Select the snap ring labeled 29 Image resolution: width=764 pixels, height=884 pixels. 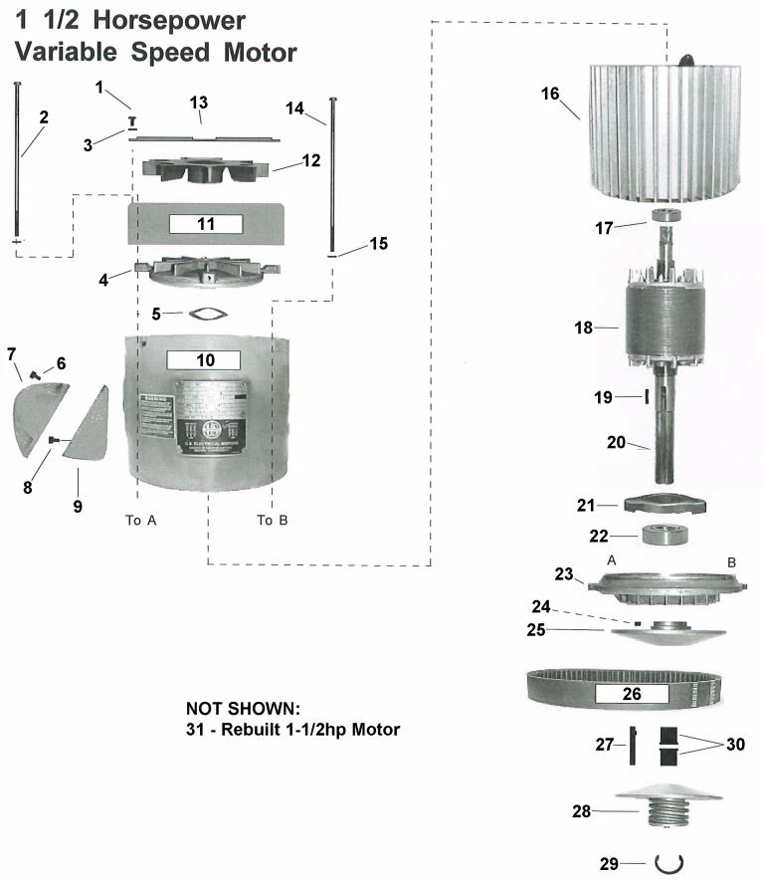point(666,862)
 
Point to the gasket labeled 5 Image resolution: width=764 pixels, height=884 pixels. point(206,315)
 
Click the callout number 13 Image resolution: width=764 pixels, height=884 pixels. point(199,104)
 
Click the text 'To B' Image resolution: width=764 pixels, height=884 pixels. point(272,520)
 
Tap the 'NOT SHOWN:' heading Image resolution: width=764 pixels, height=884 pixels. point(242,708)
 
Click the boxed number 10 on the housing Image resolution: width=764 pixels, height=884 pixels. point(204,359)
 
